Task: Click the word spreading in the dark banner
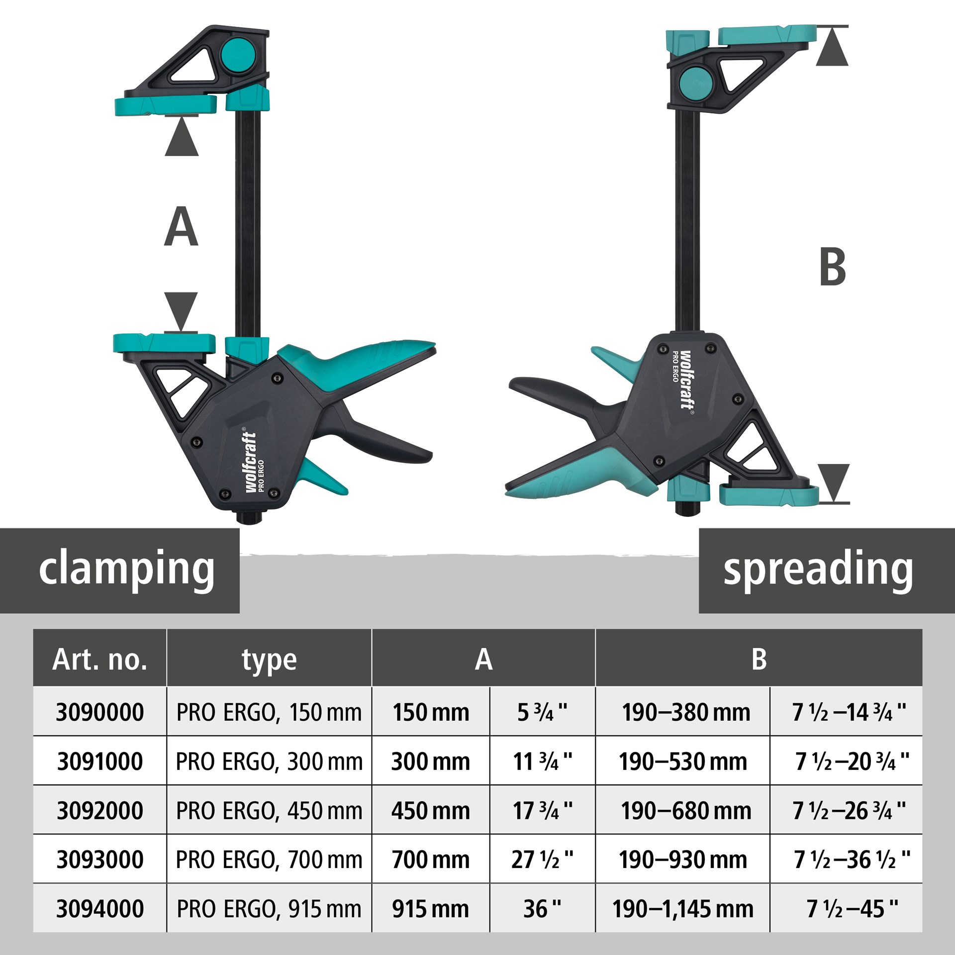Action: point(818,570)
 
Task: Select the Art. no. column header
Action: point(100,660)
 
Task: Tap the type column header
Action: point(269,660)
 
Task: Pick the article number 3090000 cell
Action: point(100,712)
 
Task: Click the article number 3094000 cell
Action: point(100,909)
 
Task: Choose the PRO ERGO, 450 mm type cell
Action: point(269,811)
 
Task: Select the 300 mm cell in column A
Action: point(431,762)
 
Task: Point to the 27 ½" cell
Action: point(542,860)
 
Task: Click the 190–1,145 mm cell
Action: point(683,909)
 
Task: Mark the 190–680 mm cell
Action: point(686,811)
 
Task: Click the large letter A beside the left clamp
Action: point(181,227)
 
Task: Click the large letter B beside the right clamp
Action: point(833,267)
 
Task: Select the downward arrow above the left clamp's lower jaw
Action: point(181,310)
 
